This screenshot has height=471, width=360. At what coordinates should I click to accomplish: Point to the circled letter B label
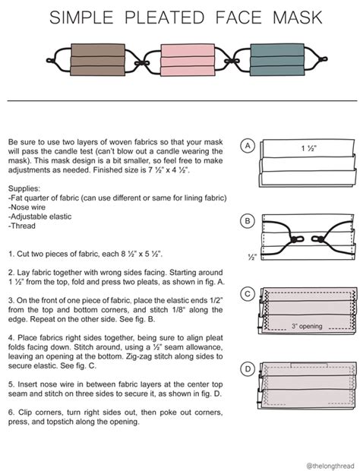tap(247, 221)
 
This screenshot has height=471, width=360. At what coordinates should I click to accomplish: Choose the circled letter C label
tap(247, 293)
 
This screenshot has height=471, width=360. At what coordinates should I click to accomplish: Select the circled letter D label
tap(247, 369)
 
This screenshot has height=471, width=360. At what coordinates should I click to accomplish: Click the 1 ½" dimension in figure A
tap(308, 148)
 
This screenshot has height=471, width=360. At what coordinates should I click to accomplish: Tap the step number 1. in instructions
tap(11, 251)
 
